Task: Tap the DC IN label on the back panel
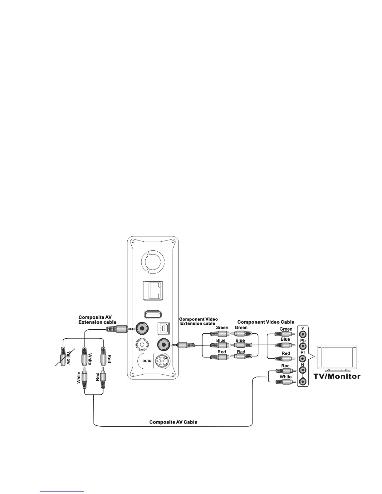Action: [145, 361]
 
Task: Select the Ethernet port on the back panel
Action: [153, 291]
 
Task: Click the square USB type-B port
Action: [163, 328]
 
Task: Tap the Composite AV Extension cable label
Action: [97, 320]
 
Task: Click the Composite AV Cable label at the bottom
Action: [173, 422]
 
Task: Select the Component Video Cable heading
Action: [266, 322]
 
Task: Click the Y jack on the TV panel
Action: [302, 334]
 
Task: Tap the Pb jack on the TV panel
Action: [302, 346]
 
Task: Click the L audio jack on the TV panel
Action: [302, 381]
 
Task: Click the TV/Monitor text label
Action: [337, 376]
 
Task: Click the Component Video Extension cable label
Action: [198, 321]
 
